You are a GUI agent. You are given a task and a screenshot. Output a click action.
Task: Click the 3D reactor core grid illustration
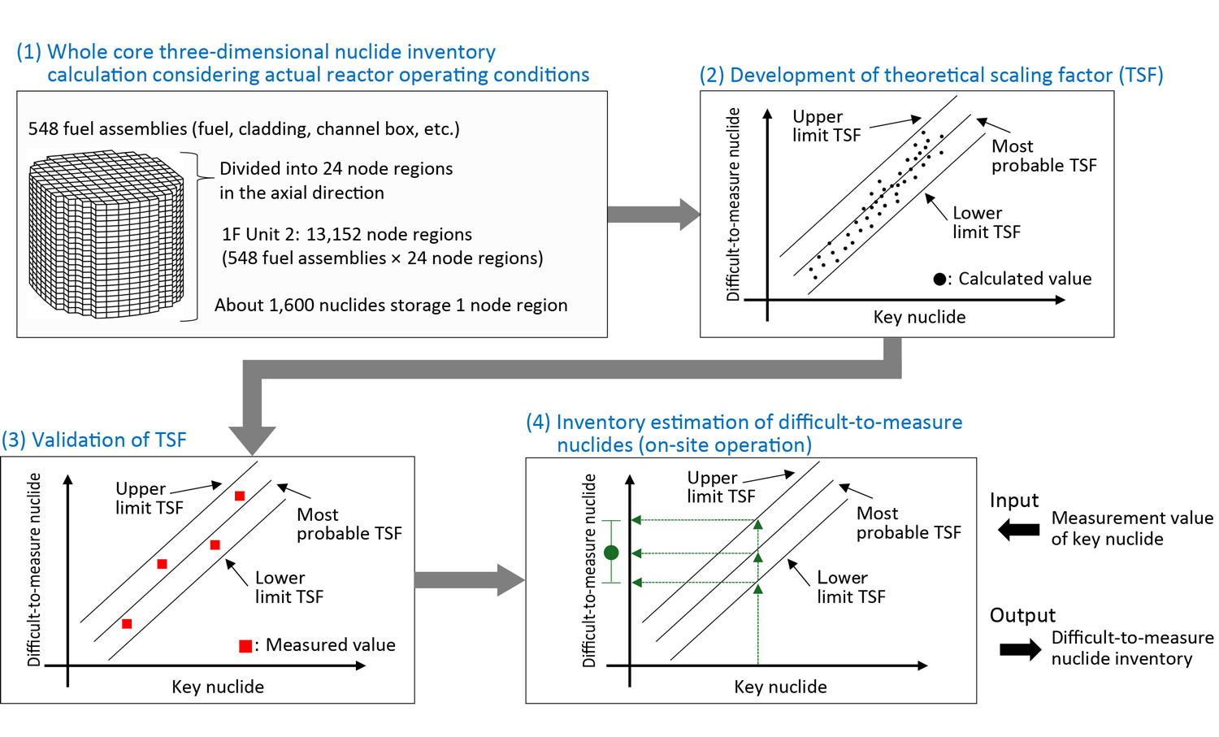click(x=106, y=234)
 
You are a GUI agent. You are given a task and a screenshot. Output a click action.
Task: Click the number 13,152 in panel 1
click(x=336, y=235)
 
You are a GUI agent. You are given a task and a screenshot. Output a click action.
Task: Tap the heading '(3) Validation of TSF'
click(x=94, y=440)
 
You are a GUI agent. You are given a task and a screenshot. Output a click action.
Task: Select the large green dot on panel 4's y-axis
click(x=612, y=553)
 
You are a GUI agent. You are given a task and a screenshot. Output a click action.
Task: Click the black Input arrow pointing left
click(x=1018, y=530)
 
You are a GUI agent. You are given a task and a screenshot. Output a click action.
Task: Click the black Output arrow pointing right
click(x=1020, y=649)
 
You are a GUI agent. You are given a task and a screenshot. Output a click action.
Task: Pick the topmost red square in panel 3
click(x=239, y=496)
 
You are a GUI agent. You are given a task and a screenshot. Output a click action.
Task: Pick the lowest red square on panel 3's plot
click(x=127, y=624)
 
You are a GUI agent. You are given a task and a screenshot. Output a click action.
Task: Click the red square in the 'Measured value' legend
click(x=245, y=646)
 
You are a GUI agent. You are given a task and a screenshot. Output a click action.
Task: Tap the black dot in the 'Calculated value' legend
click(x=939, y=280)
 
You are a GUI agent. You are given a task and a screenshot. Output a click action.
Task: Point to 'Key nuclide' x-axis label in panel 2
click(x=919, y=317)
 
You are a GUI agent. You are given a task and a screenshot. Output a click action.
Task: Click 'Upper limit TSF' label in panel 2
click(x=826, y=126)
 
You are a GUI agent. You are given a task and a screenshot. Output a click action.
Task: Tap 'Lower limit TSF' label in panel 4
click(x=850, y=587)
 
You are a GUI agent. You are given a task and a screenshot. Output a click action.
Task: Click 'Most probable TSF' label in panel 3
click(x=349, y=524)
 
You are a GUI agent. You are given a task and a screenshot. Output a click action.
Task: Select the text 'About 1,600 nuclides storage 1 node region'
click(x=391, y=306)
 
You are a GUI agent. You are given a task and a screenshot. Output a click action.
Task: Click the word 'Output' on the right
click(x=1022, y=615)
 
